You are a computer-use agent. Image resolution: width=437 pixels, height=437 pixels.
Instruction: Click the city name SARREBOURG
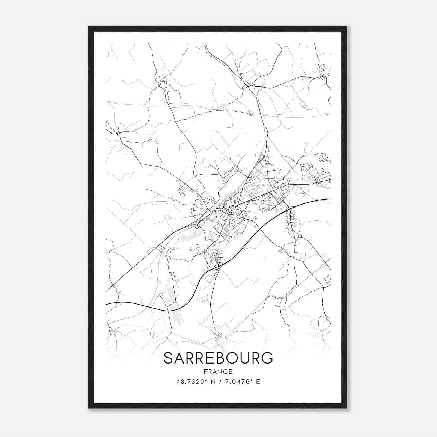point(218,358)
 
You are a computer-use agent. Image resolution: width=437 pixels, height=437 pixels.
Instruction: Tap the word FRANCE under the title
point(218,372)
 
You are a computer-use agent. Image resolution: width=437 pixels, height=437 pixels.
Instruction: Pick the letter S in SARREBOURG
point(168,358)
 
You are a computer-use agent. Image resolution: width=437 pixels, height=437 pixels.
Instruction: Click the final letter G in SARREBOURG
point(267,358)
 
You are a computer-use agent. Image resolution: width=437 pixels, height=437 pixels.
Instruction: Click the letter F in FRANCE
point(205,372)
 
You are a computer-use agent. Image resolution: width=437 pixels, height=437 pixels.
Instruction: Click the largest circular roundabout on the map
point(197,227)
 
